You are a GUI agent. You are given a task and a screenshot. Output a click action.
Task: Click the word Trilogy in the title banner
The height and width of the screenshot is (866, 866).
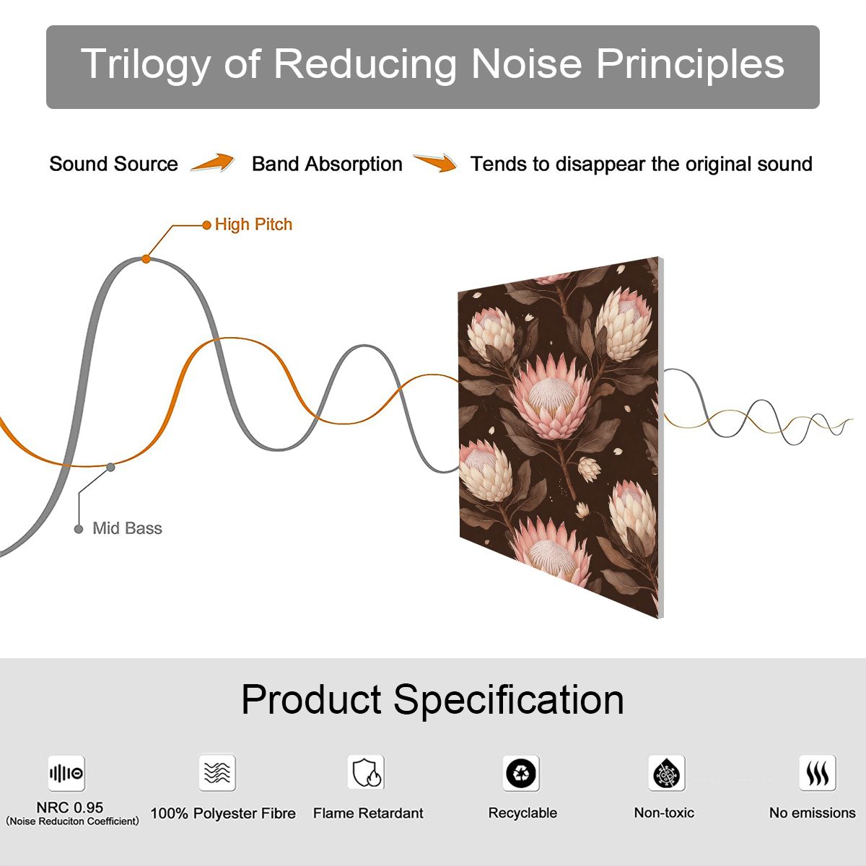pos(145,65)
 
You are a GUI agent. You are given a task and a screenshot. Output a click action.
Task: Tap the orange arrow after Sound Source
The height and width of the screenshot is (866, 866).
pos(213,162)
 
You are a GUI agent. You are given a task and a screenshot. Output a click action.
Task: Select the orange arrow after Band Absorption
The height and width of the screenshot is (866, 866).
pos(435,162)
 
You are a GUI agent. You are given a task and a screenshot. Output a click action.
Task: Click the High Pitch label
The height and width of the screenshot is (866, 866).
pos(253,224)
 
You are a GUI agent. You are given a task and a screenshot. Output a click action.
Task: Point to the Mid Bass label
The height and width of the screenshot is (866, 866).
pos(127,528)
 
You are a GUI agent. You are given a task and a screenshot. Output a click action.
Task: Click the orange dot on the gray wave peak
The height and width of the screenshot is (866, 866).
pos(146,259)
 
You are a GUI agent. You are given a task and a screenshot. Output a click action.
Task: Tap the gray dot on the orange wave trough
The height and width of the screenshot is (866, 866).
pos(110,468)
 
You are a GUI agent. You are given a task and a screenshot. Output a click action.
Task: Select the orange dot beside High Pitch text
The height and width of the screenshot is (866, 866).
pos(206,224)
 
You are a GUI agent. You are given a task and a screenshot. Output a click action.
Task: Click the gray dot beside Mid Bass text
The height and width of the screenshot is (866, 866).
pos(79,529)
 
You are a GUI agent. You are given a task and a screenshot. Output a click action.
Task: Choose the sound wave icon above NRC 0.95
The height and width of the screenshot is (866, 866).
pos(66,774)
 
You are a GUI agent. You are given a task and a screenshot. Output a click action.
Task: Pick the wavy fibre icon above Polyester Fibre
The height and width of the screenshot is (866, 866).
pos(217,773)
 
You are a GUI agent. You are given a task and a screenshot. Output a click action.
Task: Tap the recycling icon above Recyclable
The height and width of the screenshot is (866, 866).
pos(521,773)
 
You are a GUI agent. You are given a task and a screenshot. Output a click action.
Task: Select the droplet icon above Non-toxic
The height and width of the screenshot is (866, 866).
pos(667,773)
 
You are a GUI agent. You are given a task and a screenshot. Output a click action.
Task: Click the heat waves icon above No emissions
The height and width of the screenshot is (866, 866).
pos(818,773)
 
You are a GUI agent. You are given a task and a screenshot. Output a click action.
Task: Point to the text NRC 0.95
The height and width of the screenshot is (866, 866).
pos(70,808)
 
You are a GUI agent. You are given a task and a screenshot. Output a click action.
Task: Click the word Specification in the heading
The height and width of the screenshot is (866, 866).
pos(509,701)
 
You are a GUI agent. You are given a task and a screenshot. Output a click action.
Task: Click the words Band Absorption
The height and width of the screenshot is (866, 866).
pos(327,164)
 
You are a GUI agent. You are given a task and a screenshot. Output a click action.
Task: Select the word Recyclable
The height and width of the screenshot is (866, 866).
pos(522,813)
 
